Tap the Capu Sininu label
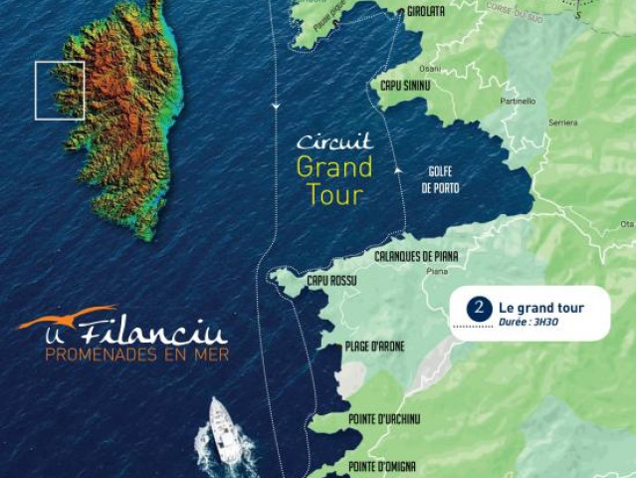click(405, 86)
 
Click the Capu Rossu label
click(331, 281)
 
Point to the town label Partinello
click(519, 101)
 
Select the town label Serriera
click(563, 122)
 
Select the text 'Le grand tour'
click(541, 308)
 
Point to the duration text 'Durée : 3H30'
click(529, 322)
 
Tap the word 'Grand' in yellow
click(334, 165)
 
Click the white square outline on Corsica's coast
click(60, 91)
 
